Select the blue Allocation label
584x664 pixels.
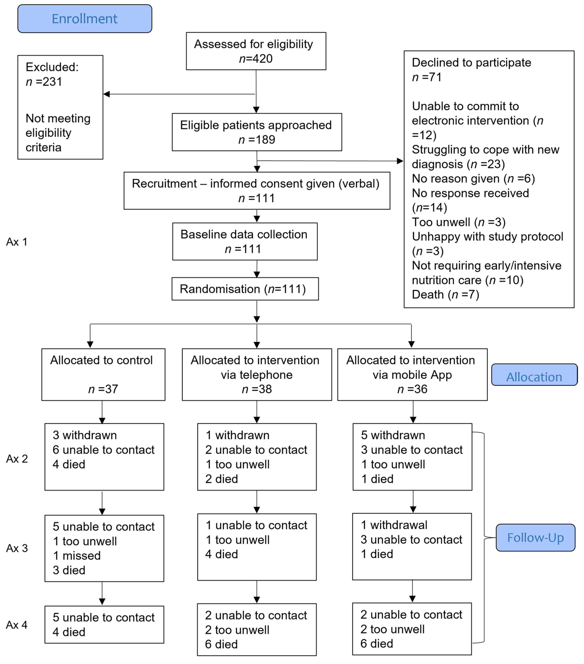[x=534, y=375]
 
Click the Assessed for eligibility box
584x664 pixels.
[x=256, y=51]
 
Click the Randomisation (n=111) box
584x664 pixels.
[x=245, y=289]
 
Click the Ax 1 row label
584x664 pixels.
[x=17, y=242]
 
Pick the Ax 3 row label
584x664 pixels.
[x=17, y=548]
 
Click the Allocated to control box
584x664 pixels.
[x=103, y=374]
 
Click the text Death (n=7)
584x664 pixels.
[x=446, y=295]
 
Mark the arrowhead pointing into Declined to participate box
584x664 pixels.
[x=400, y=161]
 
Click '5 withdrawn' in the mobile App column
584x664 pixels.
[x=393, y=435]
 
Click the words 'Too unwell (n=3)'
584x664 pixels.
[x=459, y=222]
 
